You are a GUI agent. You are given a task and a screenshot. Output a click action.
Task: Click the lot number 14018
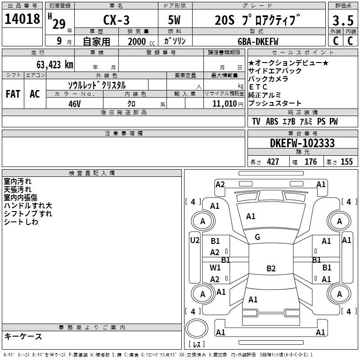tap(22, 19)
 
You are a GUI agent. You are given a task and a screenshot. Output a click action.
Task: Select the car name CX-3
tap(116, 20)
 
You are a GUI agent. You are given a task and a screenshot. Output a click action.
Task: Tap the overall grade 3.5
tap(343, 21)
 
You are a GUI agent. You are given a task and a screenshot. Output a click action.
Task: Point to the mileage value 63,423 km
tap(55, 65)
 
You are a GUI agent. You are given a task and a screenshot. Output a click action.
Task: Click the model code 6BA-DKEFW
tap(258, 41)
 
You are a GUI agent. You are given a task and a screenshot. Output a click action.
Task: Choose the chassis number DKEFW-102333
tap(302, 143)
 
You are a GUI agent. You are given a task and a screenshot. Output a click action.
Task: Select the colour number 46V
tap(75, 104)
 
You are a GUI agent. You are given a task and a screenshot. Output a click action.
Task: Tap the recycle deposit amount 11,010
tap(225, 103)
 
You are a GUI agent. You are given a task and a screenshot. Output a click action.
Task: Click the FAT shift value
tap(13, 94)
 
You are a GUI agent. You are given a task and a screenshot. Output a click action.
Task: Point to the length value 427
tap(273, 162)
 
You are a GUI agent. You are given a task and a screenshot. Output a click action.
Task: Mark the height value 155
tap(346, 162)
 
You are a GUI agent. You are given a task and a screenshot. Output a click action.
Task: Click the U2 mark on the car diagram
tap(195, 240)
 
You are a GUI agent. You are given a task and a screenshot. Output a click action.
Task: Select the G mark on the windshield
tap(257, 237)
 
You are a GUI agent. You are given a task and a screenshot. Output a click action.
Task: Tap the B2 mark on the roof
tap(271, 268)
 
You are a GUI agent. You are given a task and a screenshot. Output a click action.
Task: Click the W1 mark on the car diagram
tap(215, 267)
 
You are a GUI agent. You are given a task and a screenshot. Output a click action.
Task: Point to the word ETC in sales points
tap(258, 87)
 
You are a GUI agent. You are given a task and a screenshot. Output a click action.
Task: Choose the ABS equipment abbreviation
tap(272, 121)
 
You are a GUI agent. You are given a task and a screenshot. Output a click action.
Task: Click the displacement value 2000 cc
tap(141, 41)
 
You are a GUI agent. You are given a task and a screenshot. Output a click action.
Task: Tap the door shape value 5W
tap(174, 20)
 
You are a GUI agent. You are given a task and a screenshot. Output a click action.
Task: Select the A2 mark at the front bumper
tap(220, 184)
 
